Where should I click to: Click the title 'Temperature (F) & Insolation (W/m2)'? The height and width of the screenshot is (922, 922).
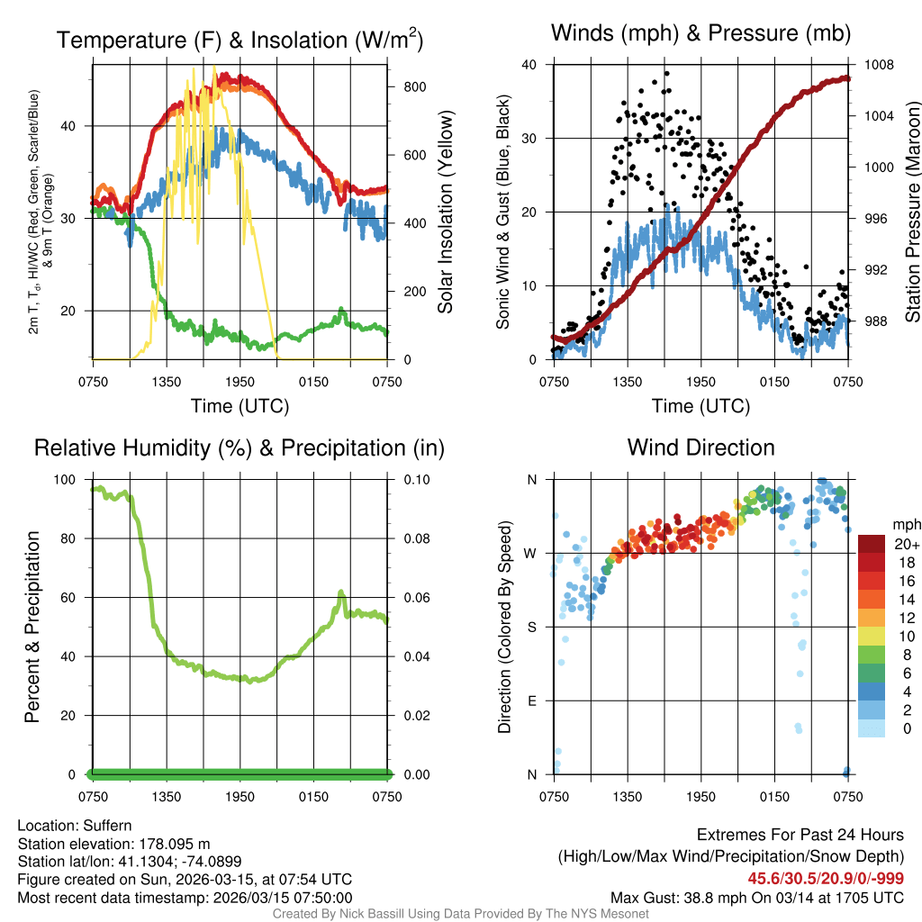240,40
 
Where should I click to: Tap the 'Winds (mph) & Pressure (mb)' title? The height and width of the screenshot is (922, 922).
701,33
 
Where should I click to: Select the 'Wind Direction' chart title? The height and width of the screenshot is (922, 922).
701,447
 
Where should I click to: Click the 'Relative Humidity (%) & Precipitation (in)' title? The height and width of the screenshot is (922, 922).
240,447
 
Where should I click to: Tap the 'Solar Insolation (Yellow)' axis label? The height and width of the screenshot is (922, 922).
446,212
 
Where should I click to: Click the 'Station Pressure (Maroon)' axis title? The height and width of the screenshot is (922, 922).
912,212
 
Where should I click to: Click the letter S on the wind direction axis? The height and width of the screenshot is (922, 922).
531,627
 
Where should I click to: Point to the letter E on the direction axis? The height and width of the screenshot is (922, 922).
531,701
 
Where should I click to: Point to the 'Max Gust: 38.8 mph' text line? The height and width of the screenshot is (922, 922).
757,897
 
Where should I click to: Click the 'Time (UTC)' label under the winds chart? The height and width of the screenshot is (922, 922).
701,406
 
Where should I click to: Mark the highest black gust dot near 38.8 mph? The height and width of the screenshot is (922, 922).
666,74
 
